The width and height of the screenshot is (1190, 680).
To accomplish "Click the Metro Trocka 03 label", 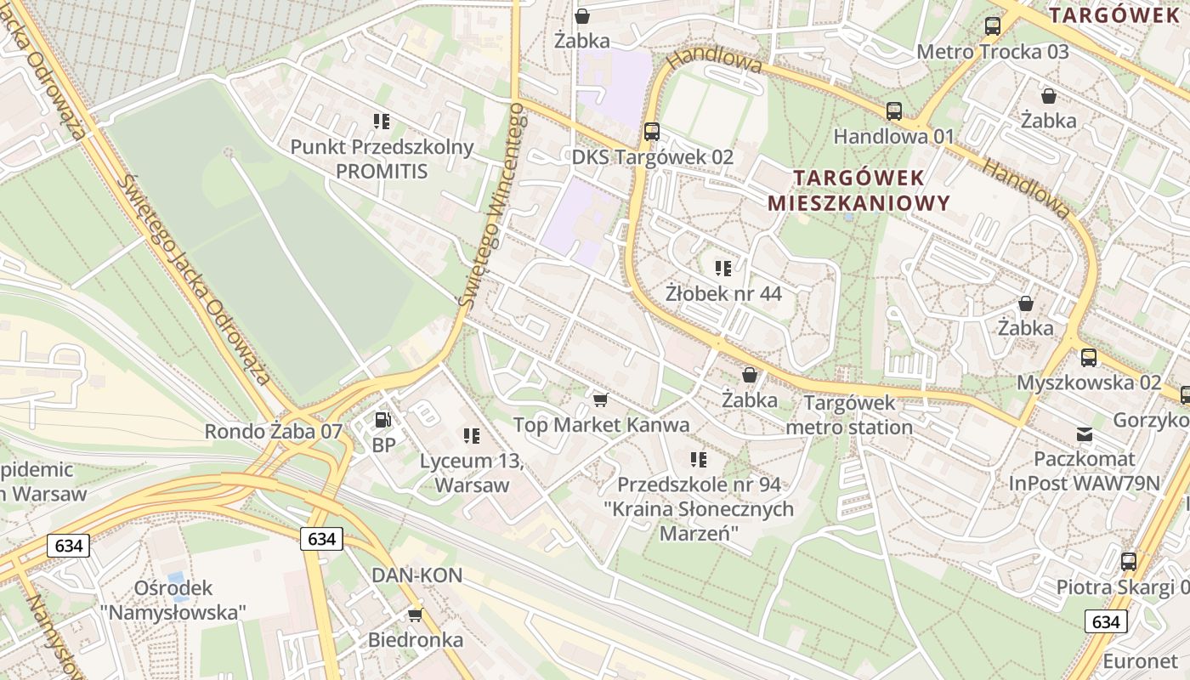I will (x=992, y=52).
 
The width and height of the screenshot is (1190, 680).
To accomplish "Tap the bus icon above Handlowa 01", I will (x=894, y=110).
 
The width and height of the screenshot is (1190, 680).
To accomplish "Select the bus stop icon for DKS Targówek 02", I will (x=652, y=132).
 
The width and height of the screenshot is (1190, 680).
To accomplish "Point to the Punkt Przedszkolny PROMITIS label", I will (x=382, y=159).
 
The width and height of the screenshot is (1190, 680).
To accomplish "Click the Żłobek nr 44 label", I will (x=723, y=293).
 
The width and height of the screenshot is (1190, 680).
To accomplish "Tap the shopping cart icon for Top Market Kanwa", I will (x=601, y=399).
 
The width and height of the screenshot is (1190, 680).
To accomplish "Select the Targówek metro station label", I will (x=849, y=415).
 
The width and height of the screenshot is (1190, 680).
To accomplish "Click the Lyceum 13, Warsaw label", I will (x=471, y=473).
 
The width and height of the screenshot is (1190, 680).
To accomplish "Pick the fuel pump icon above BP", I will (x=383, y=419).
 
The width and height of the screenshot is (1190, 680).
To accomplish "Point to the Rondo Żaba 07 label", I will (x=273, y=432).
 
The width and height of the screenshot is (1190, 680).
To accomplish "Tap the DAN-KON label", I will (x=416, y=575).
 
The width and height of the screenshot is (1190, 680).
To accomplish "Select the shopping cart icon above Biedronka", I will (x=416, y=615).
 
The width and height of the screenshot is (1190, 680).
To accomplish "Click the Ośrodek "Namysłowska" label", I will (x=173, y=599).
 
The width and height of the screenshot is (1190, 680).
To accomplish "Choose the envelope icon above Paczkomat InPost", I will (x=1085, y=434).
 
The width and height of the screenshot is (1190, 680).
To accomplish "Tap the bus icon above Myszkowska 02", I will (x=1089, y=358).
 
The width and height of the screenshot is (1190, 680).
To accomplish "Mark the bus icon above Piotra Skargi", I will (x=1129, y=562).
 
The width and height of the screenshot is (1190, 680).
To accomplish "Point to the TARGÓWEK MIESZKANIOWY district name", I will (x=858, y=190).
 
